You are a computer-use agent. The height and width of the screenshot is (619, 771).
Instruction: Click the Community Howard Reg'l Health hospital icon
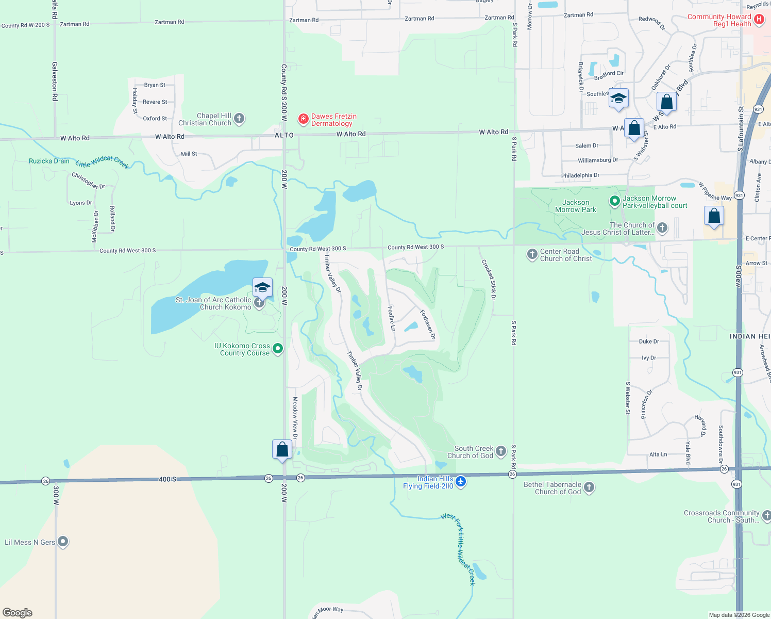(759, 20)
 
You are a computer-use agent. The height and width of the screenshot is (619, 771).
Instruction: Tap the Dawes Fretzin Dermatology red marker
(304, 120)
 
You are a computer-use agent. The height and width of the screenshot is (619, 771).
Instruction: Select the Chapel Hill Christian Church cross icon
(239, 119)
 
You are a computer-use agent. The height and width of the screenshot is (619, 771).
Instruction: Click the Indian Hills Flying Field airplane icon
(461, 482)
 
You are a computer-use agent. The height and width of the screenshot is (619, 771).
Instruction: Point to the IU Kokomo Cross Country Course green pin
(278, 349)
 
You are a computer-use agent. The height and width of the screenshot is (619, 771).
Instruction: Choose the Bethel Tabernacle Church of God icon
(589, 487)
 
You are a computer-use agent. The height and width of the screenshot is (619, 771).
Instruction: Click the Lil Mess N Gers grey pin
(63, 542)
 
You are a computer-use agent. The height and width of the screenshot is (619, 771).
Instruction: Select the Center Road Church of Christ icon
(532, 254)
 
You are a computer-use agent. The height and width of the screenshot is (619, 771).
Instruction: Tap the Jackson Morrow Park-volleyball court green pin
(614, 201)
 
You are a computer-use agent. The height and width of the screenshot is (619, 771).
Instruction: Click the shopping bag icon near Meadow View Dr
(282, 449)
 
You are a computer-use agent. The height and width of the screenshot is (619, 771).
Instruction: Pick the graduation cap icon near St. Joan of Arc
(262, 287)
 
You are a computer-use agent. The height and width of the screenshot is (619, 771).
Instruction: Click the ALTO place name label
(284, 135)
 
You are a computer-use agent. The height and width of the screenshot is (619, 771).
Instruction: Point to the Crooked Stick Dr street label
(489, 280)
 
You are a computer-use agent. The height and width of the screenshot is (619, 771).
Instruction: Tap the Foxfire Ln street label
(391, 318)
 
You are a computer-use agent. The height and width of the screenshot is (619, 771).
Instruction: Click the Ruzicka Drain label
(49, 161)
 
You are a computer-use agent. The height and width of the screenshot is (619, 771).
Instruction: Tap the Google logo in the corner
(18, 612)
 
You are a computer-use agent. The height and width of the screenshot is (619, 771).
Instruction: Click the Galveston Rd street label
(55, 84)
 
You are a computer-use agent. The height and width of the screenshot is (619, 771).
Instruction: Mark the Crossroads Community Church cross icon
(766, 515)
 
